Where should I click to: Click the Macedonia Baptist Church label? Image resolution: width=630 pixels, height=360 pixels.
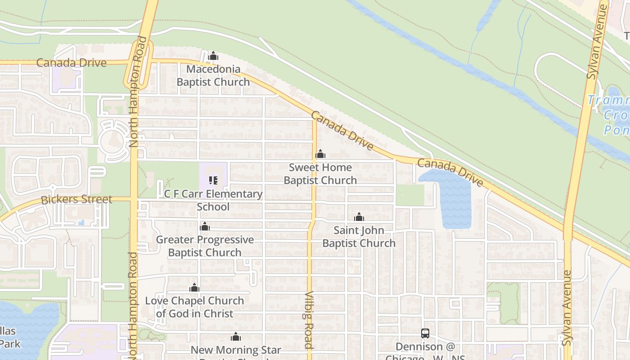pos(213,76)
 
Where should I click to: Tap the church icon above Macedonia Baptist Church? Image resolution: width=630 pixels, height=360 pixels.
pos(213,56)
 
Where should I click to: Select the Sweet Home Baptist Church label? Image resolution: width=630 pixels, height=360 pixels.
pos(320,174)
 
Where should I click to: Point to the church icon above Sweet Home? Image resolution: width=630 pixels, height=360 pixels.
pos(320,154)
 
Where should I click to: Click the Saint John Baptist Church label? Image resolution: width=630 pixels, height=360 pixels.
pos(359,237)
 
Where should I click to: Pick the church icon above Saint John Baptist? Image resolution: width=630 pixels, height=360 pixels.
pos(359,217)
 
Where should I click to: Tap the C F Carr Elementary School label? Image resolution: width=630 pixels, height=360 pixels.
pos(213,200)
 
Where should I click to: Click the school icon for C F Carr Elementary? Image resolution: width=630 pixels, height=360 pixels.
pos(213,181)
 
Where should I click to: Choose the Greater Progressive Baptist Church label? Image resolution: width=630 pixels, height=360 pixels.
pos(205,246)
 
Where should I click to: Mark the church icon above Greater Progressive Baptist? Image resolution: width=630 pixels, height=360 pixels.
pos(205,226)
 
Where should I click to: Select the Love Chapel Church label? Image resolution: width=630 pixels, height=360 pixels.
pos(194,307)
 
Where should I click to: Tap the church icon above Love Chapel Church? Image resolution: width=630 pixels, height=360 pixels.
pos(194,288)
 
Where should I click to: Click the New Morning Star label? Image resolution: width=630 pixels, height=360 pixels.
pos(236,350)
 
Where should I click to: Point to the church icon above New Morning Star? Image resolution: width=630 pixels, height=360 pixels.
pos(236,337)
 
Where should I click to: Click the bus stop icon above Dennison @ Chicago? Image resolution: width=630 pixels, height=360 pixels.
pos(425,333)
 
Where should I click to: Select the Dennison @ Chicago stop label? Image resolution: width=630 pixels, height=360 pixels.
pos(425,347)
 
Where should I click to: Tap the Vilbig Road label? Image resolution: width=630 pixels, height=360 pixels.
pos(309,319)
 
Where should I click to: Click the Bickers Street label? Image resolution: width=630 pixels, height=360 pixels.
pos(76,199)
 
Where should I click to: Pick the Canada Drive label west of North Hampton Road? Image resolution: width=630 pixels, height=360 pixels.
pos(71,63)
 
